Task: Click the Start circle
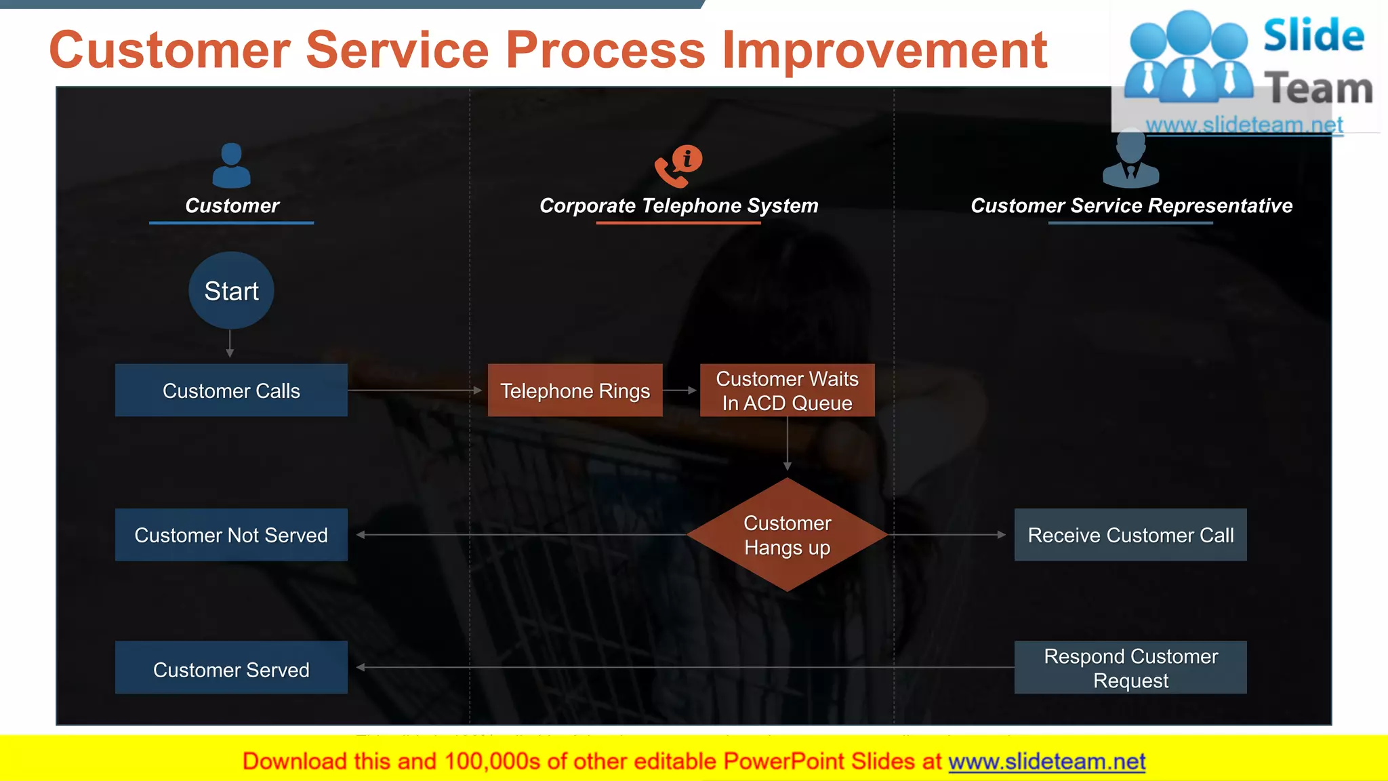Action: coord(231,291)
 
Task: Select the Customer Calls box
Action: coord(231,390)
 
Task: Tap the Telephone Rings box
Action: coord(575,390)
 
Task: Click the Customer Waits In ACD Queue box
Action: coord(787,390)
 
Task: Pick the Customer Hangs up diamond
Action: coord(787,535)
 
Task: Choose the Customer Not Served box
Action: coord(231,535)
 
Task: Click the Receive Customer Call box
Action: coord(1130,535)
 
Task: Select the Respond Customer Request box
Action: coord(1130,668)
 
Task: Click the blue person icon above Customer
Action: coord(231,165)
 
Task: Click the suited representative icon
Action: coord(1130,163)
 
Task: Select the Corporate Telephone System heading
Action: coord(678,205)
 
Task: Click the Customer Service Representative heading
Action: coord(1131,205)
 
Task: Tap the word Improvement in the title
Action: coord(884,50)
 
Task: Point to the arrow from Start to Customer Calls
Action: coord(230,344)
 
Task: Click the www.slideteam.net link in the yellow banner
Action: coord(1046,761)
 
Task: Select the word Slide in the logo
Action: coord(1313,35)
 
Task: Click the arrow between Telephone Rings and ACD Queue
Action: coord(680,390)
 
